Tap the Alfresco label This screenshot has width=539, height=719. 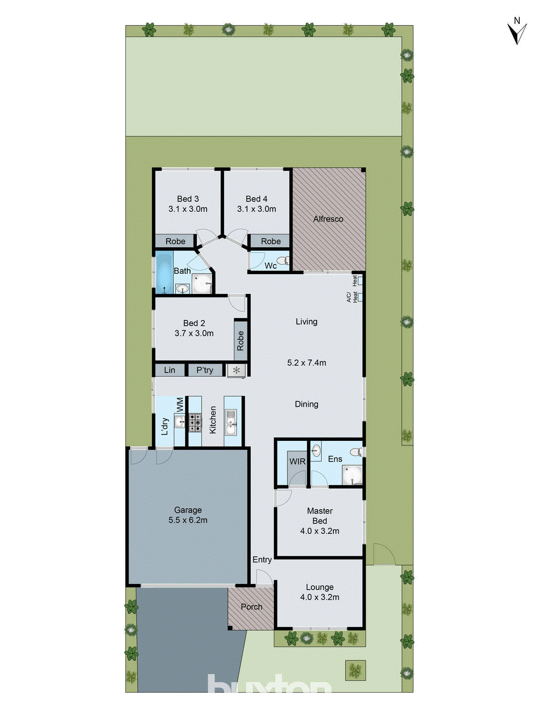pyautogui.click(x=328, y=219)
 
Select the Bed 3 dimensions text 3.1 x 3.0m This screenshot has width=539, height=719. pyautogui.click(x=188, y=209)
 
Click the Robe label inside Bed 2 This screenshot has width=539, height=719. pyautogui.click(x=240, y=341)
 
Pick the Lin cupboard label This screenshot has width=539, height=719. pyautogui.click(x=169, y=370)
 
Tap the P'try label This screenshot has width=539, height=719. pyautogui.click(x=205, y=370)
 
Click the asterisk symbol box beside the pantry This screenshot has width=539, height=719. pyautogui.click(x=236, y=371)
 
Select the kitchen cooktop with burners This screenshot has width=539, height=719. pyautogui.click(x=194, y=422)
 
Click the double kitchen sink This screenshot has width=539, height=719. pyautogui.click(x=231, y=422)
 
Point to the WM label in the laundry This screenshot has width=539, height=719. pyautogui.click(x=180, y=404)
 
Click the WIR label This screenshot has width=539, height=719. pyautogui.click(x=297, y=462)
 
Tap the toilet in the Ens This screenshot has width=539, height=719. pyautogui.click(x=356, y=452)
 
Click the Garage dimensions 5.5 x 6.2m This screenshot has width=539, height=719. pyautogui.click(x=188, y=520)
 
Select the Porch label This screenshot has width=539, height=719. pyautogui.click(x=251, y=607)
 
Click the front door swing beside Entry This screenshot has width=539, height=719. pyautogui.click(x=263, y=577)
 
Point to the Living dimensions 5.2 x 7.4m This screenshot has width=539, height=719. pyautogui.click(x=306, y=363)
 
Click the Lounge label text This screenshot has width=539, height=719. pyautogui.click(x=319, y=587)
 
